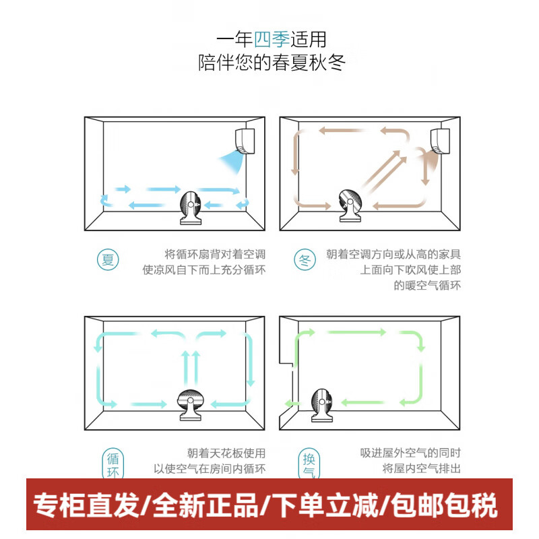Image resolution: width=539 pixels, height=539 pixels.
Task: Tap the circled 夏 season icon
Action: pos(108,259)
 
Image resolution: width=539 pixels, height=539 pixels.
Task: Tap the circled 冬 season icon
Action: pos(304,260)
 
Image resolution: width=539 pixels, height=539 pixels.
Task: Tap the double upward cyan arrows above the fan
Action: pos(191,367)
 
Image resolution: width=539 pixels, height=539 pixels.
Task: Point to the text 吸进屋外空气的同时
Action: pos(410,453)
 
